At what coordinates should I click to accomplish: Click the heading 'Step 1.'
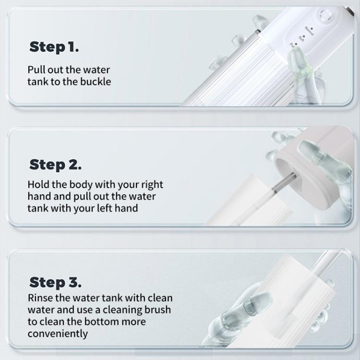(x=54, y=47)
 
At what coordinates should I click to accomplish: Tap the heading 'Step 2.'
(x=55, y=165)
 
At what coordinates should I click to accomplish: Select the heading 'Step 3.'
(x=55, y=282)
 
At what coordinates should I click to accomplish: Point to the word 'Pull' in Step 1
(x=36, y=69)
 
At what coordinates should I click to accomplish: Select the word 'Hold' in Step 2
(x=38, y=184)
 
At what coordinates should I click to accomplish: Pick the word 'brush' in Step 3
(x=157, y=310)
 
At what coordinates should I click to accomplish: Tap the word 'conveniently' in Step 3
(x=58, y=334)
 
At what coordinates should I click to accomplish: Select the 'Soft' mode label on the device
(x=301, y=38)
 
